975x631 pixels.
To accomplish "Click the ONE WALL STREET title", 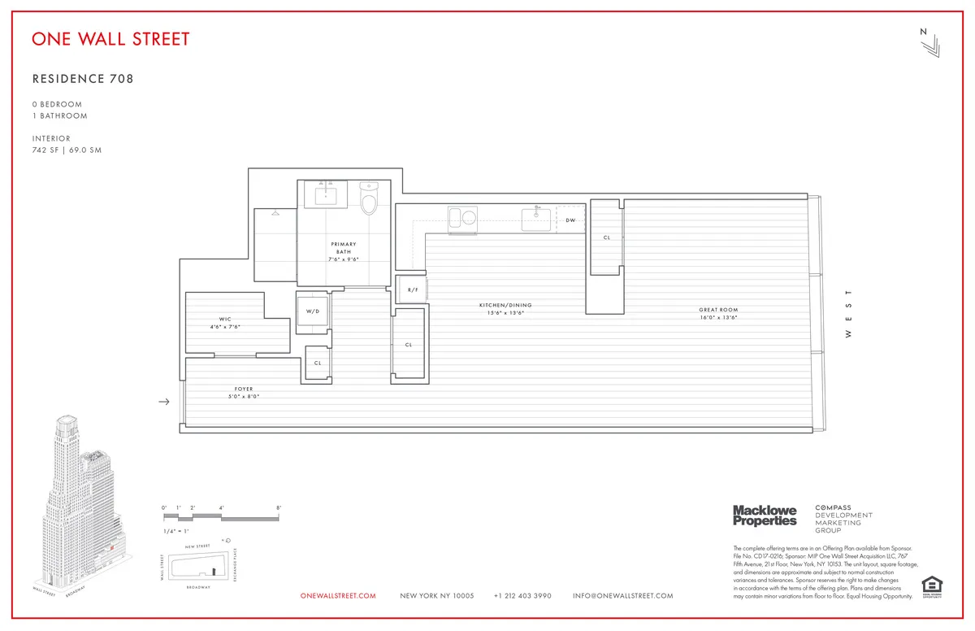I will (110, 39).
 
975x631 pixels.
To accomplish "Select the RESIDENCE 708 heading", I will (82, 79).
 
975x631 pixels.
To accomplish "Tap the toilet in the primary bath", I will (370, 200).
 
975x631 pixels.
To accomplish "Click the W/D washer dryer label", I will (313, 311).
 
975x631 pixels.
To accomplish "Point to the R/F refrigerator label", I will (412, 289).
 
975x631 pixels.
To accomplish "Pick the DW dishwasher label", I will (570, 220).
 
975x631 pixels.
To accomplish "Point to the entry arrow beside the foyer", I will (163, 402).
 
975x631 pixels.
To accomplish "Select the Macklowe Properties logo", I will (765, 515).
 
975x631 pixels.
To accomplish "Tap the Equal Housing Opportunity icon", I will (930, 585).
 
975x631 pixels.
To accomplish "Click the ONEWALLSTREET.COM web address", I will (338, 596).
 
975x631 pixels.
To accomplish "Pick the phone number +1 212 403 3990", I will (522, 596).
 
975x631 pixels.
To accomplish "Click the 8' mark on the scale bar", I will (279, 508).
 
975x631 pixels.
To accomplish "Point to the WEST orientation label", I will (848, 313).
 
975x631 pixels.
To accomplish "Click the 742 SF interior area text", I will (50, 150).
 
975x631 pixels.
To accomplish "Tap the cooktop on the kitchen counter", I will (462, 217).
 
